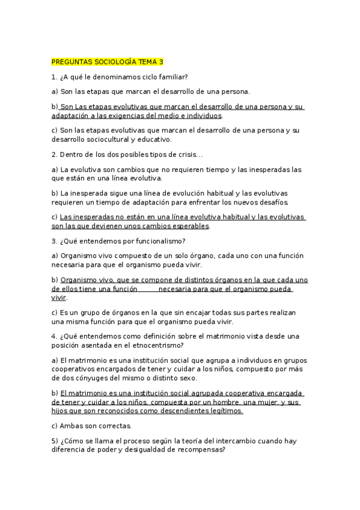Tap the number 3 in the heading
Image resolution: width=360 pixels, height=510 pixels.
160,62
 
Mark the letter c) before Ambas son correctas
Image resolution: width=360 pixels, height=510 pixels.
55,426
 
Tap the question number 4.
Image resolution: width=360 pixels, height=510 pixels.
53,336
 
